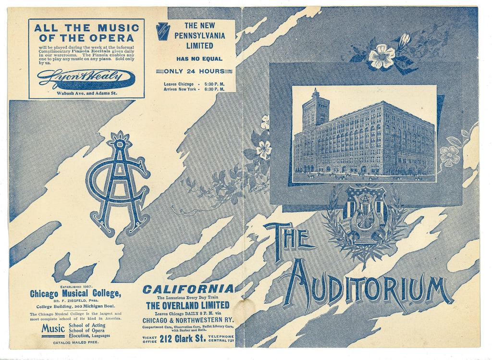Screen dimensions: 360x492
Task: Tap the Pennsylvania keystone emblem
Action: point(162,31)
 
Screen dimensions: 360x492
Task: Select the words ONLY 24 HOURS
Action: point(194,71)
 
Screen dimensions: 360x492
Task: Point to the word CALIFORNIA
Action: point(188,289)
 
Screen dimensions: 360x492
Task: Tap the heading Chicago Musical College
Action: point(75,294)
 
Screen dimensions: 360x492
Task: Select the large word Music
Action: point(53,329)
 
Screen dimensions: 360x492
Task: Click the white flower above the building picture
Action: point(381,56)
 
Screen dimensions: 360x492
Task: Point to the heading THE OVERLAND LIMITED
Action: point(188,305)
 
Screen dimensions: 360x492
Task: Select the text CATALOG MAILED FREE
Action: point(75,343)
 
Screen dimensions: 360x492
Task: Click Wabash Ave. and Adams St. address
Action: point(86,93)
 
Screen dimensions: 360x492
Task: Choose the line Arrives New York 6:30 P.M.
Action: point(194,89)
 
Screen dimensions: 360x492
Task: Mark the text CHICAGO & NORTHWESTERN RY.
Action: point(188,320)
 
